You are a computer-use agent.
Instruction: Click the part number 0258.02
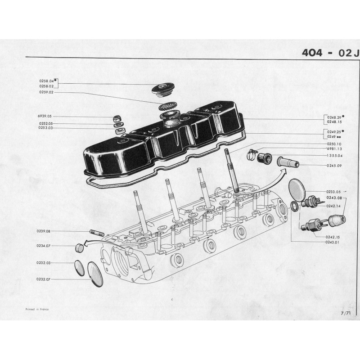click(46, 86)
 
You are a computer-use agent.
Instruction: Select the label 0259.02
click(46, 92)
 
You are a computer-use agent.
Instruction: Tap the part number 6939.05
click(45, 116)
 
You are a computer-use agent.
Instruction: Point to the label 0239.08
click(43, 231)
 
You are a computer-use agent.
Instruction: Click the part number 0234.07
click(43, 246)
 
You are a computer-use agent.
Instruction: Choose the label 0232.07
click(43, 279)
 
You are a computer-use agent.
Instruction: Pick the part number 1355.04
click(334, 156)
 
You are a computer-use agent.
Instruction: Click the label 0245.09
click(334, 166)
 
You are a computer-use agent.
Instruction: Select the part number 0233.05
click(333, 192)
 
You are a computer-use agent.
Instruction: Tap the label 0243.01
click(333, 242)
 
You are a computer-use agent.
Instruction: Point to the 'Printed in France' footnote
click(37, 309)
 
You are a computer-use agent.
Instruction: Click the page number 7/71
click(346, 313)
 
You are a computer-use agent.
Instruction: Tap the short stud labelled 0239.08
click(97, 233)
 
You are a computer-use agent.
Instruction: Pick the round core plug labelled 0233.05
click(297, 189)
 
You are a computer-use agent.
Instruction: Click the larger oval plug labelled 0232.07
click(95, 274)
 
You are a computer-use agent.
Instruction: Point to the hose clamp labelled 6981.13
click(252, 154)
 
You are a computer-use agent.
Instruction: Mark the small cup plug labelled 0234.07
click(79, 248)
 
